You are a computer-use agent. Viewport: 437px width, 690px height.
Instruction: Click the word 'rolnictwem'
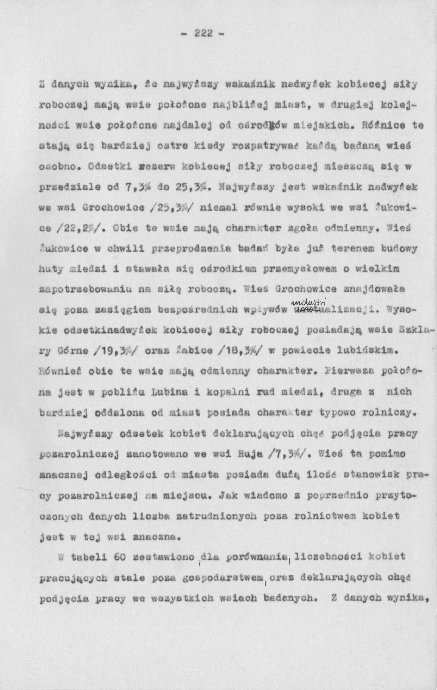tap(320, 516)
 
